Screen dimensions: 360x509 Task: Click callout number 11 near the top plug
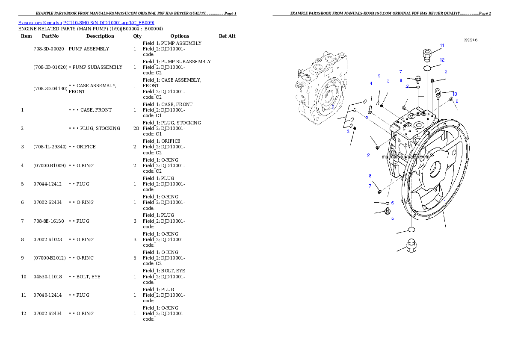[x=442, y=45]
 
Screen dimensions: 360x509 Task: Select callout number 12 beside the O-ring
[x=442, y=60]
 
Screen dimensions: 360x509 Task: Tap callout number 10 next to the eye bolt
[x=454, y=94]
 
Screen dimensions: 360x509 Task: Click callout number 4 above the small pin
[x=371, y=83]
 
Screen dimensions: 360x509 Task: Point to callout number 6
[x=392, y=203]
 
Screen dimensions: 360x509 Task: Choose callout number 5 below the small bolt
[x=392, y=218]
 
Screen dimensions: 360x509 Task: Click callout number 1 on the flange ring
[x=444, y=201]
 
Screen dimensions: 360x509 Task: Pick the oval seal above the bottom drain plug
[x=411, y=230]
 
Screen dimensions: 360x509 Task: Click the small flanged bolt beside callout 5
[x=388, y=211]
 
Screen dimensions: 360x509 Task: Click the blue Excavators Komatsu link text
[x=86, y=23]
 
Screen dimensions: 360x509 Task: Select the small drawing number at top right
[x=471, y=40]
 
